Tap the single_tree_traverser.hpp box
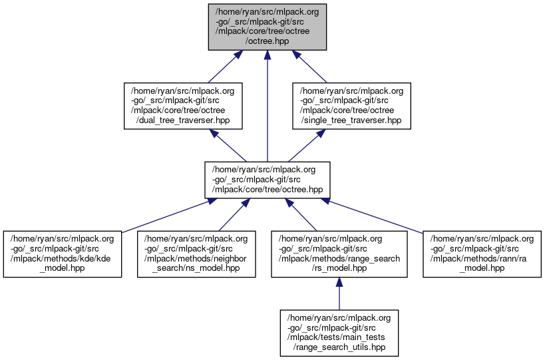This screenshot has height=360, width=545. tap(352, 105)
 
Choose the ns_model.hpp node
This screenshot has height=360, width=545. tap(197, 254)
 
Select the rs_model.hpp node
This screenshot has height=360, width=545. tap(339, 254)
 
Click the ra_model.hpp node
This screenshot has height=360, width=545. tap(482, 254)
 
